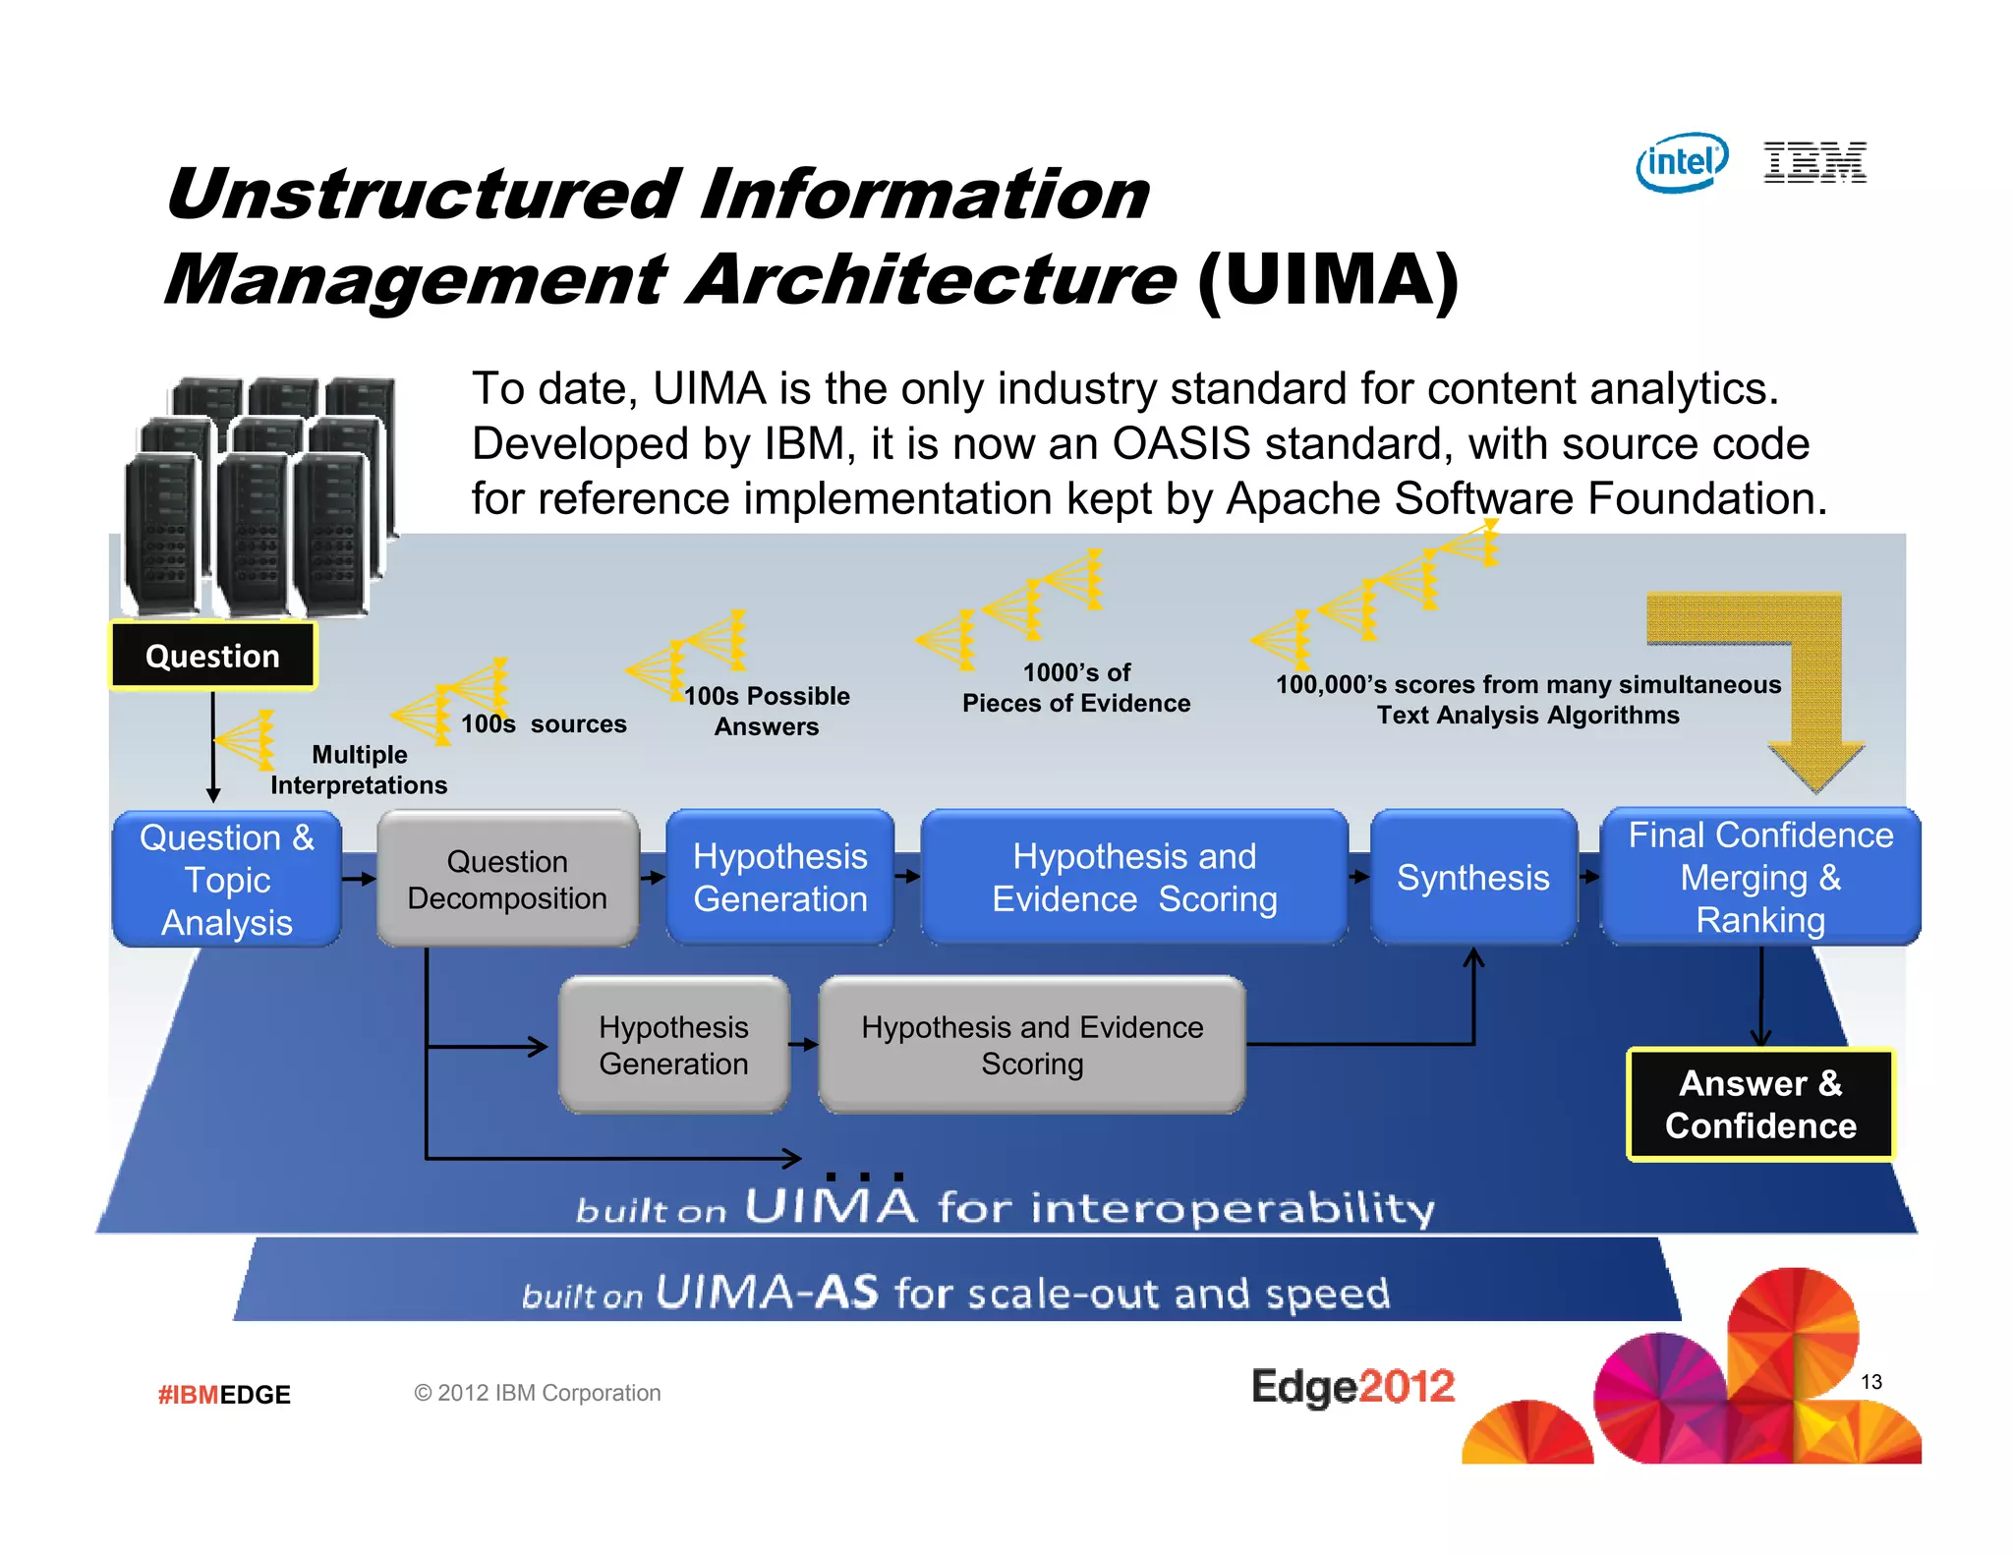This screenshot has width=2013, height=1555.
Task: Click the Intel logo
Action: point(1682,162)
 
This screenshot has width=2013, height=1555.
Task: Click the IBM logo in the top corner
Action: point(1814,163)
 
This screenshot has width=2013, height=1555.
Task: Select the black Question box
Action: point(212,656)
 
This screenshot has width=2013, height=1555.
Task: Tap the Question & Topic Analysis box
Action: point(227,880)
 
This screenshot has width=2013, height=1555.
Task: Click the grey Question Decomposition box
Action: point(507,880)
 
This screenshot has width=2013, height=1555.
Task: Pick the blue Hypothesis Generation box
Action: point(779,878)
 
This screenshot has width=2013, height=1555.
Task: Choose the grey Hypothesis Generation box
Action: point(673,1045)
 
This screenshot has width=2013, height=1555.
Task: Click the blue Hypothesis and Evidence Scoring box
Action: point(1134,878)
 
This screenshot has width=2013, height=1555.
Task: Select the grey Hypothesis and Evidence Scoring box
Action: point(1032,1045)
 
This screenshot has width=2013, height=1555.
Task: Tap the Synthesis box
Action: point(1472,878)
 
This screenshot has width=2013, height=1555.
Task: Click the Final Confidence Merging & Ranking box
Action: point(1760,878)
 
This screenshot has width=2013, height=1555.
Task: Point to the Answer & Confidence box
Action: point(1760,1105)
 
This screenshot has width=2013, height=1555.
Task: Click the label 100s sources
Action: point(544,724)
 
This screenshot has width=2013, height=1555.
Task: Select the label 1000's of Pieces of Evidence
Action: point(1076,688)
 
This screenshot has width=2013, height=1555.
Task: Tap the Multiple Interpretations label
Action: point(359,770)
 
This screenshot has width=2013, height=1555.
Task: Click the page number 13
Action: point(1870,1382)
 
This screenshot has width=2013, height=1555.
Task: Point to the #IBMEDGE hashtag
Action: point(224,1395)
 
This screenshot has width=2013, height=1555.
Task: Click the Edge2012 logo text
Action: point(1352,1387)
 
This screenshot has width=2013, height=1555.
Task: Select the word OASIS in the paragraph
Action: point(1180,444)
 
